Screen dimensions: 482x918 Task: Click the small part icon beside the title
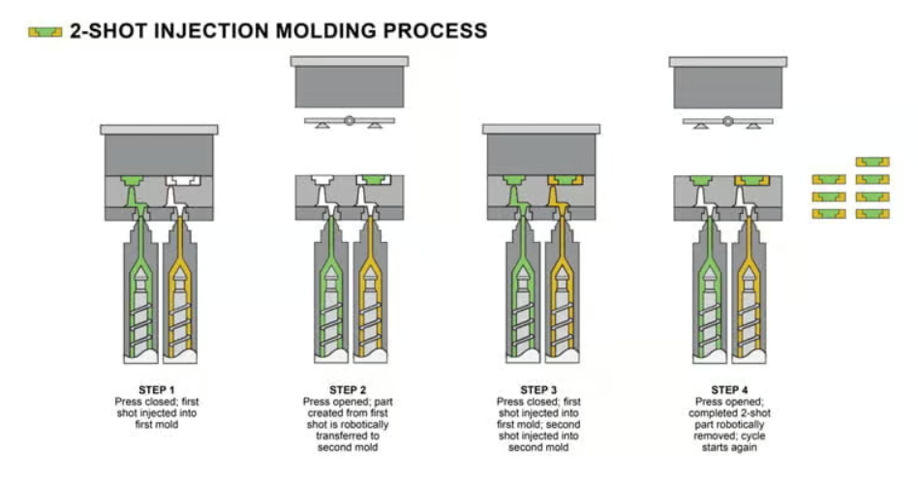[46, 32]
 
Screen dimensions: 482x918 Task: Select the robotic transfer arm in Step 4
[727, 122]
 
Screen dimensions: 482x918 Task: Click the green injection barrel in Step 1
[140, 290]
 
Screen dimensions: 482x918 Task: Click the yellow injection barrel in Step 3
[562, 290]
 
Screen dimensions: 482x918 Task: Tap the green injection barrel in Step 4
[709, 290]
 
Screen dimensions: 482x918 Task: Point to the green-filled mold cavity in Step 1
[137, 181]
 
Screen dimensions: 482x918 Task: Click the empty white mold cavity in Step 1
[181, 181]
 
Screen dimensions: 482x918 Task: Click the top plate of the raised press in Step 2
[349, 61]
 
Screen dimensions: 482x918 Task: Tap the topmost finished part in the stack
[872, 162]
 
